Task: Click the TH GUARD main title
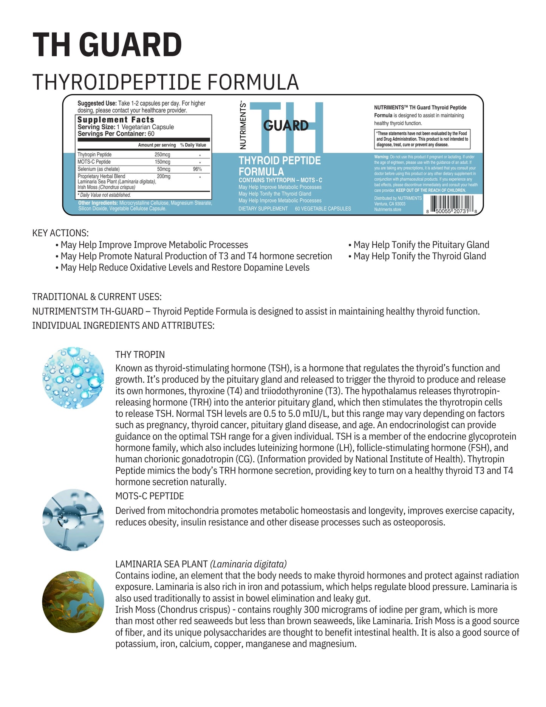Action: [107, 45]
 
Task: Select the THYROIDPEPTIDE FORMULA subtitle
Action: [166, 82]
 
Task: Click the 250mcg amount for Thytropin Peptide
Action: [162, 155]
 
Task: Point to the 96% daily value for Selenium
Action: [197, 169]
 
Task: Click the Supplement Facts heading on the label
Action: [116, 120]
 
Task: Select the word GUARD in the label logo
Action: [286, 126]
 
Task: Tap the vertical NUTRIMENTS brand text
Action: [243, 126]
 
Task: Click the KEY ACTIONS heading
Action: [60, 233]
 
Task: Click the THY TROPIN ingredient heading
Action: [140, 354]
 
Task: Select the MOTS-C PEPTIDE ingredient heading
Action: [149, 496]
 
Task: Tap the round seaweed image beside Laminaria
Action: [73, 602]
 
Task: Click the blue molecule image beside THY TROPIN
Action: [73, 378]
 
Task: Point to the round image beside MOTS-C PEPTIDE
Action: [73, 519]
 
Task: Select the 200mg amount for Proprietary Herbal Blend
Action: [164, 176]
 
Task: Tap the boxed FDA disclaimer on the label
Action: [422, 139]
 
